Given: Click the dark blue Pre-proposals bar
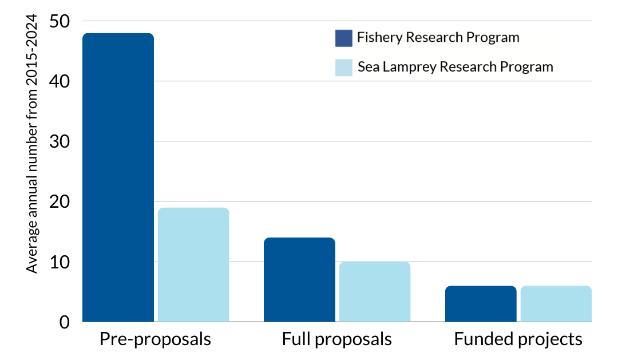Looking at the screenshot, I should coord(118,177).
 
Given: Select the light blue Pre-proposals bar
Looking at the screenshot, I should coord(193,264).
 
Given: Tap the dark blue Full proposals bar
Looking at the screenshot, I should coord(299,279).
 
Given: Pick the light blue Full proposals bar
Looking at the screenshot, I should coord(375,291).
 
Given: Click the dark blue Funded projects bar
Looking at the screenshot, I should coord(481,303).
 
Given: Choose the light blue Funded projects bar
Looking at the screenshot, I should coord(556,303).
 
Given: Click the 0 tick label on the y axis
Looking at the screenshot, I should coord(64,322).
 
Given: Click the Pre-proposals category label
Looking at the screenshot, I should coord(155,339).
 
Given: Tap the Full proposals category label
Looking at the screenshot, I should coord(336,339).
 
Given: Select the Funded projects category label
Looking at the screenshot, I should coord(518,339).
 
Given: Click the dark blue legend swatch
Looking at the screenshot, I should coord(343,38).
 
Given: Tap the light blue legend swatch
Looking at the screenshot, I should coord(343,67).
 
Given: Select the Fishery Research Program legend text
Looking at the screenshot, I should coord(438,38).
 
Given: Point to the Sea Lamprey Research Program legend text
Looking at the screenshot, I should coord(455,67).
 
